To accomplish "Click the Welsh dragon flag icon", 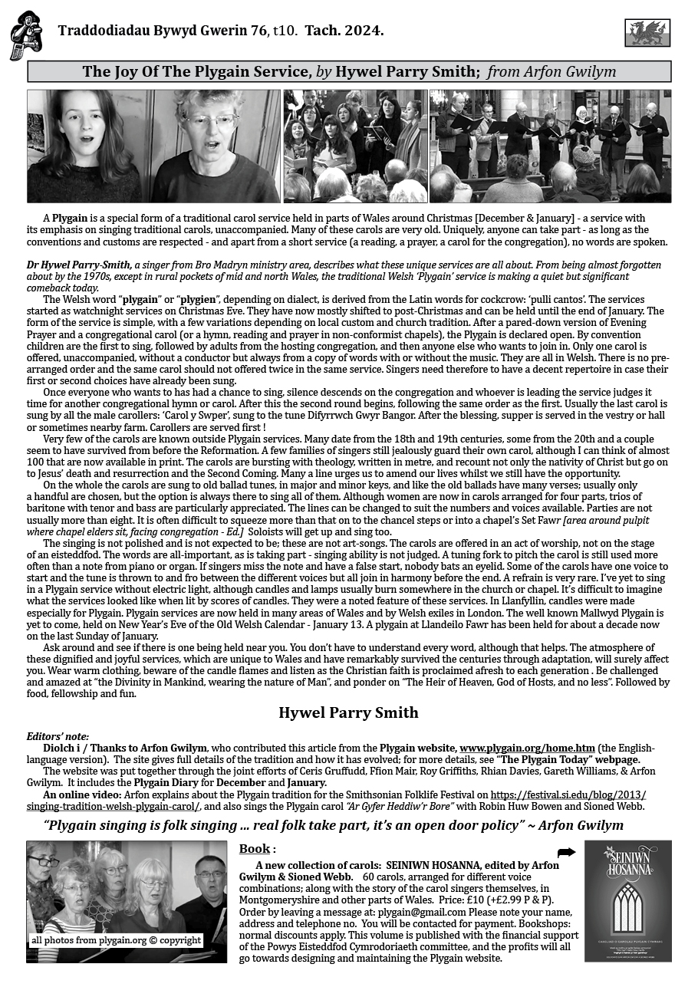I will coord(647,32).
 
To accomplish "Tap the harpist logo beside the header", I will coord(25,35).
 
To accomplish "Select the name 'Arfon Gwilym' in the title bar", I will coord(571,72).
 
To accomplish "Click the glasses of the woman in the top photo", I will coord(209,121).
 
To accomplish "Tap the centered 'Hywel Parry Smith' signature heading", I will coord(348,712).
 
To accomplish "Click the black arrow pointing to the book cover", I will coord(566,852).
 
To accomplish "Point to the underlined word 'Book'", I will coord(254,849).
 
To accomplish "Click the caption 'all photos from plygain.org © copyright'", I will coord(116,939).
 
